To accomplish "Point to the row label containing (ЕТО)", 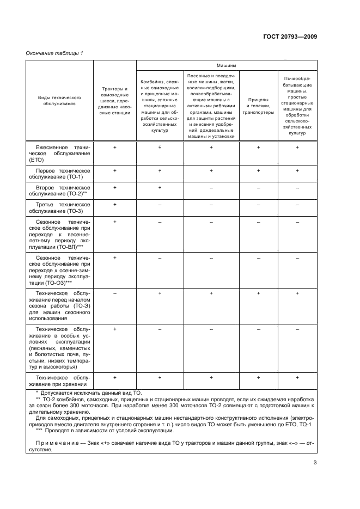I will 60,154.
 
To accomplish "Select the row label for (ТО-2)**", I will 60,191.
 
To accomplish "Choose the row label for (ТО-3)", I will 60,207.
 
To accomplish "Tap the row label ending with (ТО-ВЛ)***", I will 60,235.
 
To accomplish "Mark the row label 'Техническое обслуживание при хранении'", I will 60,380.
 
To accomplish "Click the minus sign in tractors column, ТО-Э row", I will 115,293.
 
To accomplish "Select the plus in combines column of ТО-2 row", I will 160,187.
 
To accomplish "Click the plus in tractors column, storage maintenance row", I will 115,377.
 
